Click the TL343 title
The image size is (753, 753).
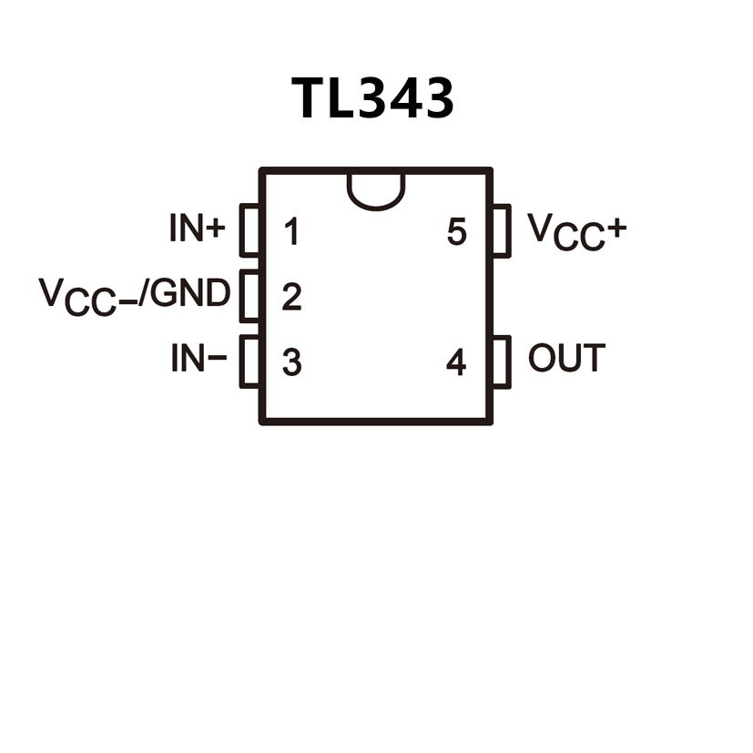pos(372,97)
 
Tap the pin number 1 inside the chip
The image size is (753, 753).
pos(290,232)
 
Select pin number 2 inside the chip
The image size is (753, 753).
pos(290,297)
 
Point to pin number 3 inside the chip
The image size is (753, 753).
pos(291,362)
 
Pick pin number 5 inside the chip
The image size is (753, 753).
pos(456,232)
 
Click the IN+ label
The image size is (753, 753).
pos(197,229)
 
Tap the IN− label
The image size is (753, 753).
pos(198,360)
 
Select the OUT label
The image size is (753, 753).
pos(566,359)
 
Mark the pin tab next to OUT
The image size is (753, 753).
pos(500,362)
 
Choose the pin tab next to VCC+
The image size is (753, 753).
pos(500,231)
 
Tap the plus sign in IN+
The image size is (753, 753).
pos(215,229)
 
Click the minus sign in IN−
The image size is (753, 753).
pos(217,359)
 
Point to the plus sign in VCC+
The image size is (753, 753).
pos(616,229)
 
